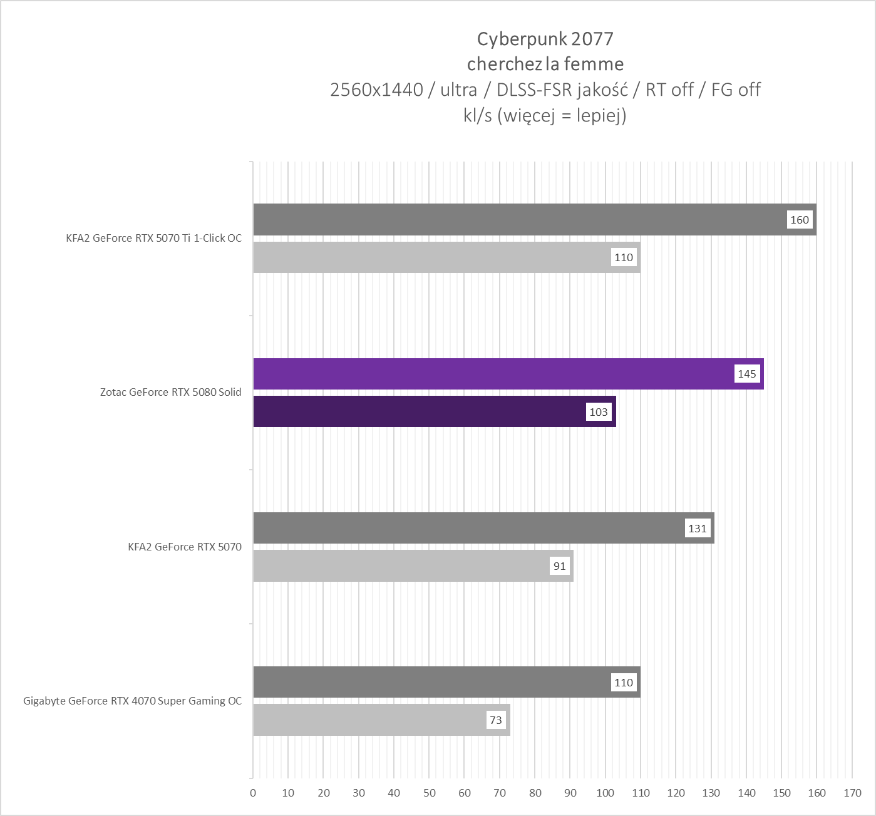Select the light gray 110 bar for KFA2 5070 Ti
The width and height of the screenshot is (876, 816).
pyautogui.click(x=432, y=257)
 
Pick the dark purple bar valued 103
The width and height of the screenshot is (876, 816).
pyautogui.click(x=420, y=411)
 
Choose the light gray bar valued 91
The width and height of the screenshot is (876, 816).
pyautogui.click(x=401, y=566)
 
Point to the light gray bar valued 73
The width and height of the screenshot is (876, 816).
pyautogui.click(x=369, y=720)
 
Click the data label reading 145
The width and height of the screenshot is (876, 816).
pyautogui.click(x=747, y=374)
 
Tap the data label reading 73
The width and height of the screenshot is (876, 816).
pyautogui.click(x=496, y=720)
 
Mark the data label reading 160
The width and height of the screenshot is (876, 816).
pyautogui.click(x=800, y=220)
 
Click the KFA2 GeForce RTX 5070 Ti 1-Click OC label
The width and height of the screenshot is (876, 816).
pyautogui.click(x=153, y=238)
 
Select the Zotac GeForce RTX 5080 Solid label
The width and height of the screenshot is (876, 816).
pyautogui.click(x=170, y=393)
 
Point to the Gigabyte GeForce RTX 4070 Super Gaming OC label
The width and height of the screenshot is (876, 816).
pyautogui.click(x=132, y=701)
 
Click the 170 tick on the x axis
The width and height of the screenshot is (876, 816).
pyautogui.click(x=852, y=793)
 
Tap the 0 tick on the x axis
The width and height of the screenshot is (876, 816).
pyautogui.click(x=253, y=793)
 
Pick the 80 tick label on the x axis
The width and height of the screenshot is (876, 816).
pyautogui.click(x=535, y=793)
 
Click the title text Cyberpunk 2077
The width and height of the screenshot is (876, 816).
pyautogui.click(x=545, y=39)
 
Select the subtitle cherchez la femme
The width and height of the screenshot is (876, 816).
pyautogui.click(x=545, y=64)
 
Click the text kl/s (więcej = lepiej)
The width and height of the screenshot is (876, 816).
pyautogui.click(x=545, y=115)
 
